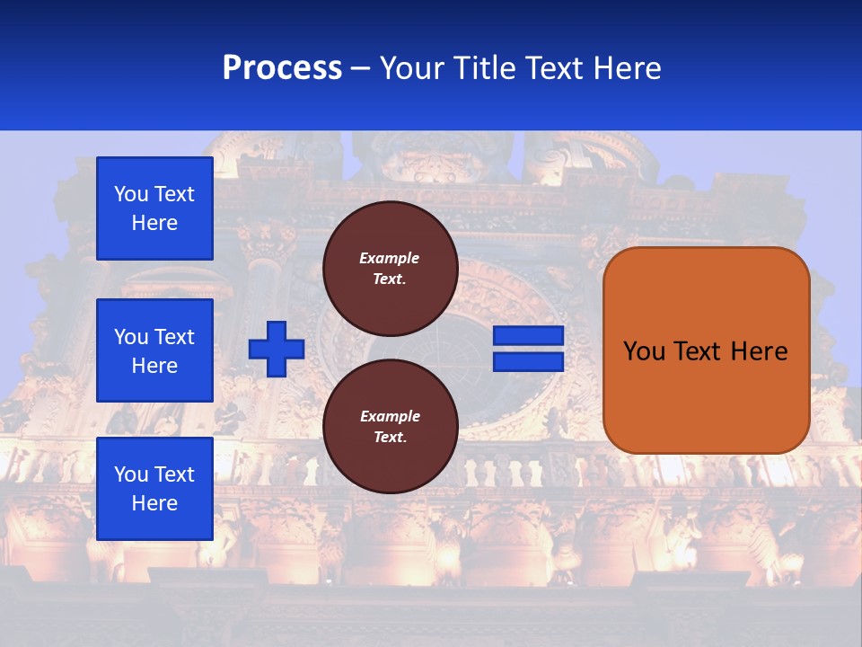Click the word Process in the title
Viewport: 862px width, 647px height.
[x=282, y=68]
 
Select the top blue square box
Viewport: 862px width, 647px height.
[x=154, y=208]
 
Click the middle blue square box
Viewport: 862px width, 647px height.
[x=154, y=350]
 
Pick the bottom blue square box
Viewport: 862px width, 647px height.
[x=154, y=489]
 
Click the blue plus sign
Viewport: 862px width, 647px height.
[x=277, y=349]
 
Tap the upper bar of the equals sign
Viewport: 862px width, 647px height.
[x=528, y=336]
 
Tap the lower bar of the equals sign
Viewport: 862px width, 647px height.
[x=528, y=361]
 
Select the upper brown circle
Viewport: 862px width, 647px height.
[x=390, y=269]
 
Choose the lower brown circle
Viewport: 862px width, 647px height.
[x=390, y=427]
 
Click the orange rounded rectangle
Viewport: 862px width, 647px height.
[x=706, y=350]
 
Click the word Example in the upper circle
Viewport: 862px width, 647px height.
[x=390, y=258]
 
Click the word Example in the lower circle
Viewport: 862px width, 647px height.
[x=390, y=416]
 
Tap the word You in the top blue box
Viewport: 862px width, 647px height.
[x=131, y=194]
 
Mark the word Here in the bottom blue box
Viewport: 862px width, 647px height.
[x=154, y=503]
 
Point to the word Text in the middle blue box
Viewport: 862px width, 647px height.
[x=174, y=337]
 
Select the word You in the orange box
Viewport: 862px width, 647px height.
[x=644, y=351]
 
